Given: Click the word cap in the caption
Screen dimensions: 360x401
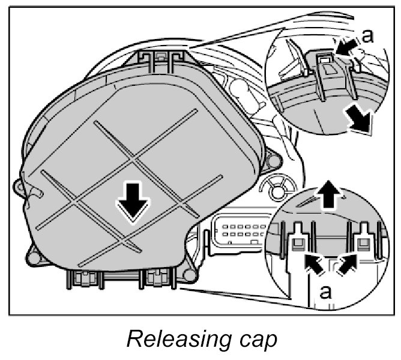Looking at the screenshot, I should (256, 340).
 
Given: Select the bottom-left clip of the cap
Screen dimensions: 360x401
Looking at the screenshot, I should (83, 278).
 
